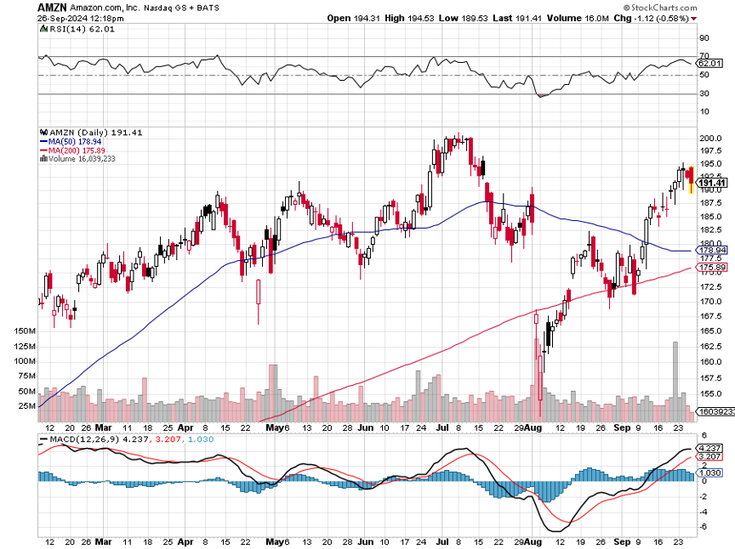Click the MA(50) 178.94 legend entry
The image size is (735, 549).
click(x=70, y=141)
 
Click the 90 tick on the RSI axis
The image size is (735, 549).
click(x=704, y=38)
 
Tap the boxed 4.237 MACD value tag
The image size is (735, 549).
click(x=709, y=448)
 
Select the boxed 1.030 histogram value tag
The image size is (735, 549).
click(x=709, y=473)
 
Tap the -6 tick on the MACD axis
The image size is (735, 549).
click(x=704, y=527)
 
